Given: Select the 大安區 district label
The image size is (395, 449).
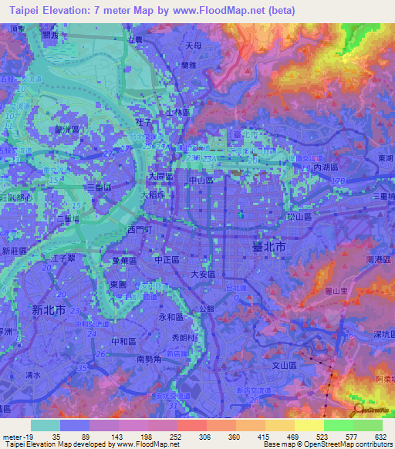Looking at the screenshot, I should click(x=204, y=272).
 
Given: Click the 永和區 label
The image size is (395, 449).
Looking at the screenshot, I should click(x=170, y=317).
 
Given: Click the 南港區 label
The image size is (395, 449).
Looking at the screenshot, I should click(x=380, y=260).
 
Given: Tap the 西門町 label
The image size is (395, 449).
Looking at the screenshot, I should click(x=140, y=230).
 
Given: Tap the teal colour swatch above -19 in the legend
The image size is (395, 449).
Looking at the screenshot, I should click(x=46, y=425).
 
